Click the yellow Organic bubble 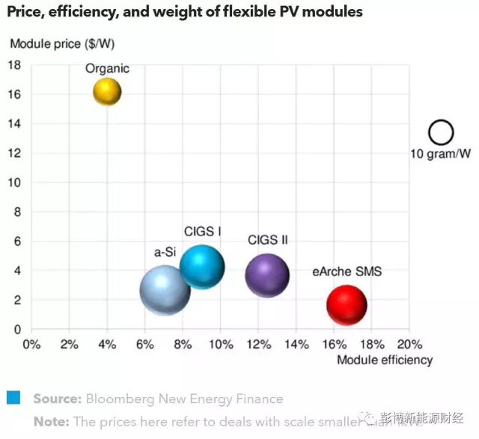point(107,92)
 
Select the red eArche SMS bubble point(347,305)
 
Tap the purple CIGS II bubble point(267,274)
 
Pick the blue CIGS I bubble point(202,266)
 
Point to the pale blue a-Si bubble point(165,291)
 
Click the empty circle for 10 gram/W point(441,133)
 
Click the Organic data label point(107,68)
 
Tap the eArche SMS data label point(347,271)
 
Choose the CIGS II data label point(268,240)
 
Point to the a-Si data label point(165,252)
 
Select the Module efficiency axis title point(385,360)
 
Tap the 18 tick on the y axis point(13,65)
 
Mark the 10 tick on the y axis point(13,182)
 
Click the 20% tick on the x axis point(409,345)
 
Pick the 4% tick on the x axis point(107,345)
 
